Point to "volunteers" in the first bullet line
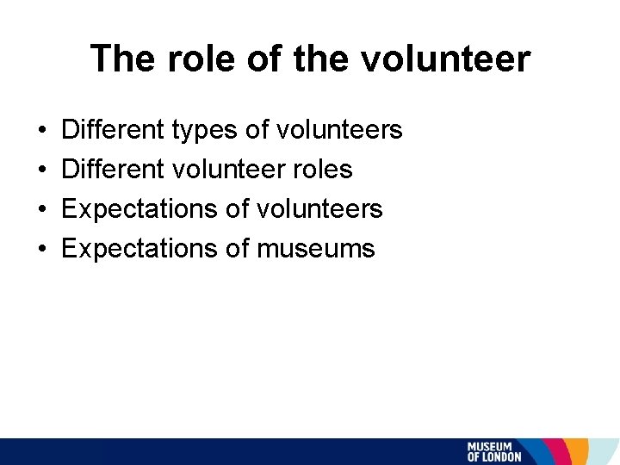(x=338, y=130)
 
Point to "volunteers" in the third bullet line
(x=319, y=209)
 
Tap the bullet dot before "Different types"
(x=43, y=131)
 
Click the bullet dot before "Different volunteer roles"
(x=43, y=170)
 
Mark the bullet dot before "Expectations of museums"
(x=43, y=250)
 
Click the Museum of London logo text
(x=494, y=452)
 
